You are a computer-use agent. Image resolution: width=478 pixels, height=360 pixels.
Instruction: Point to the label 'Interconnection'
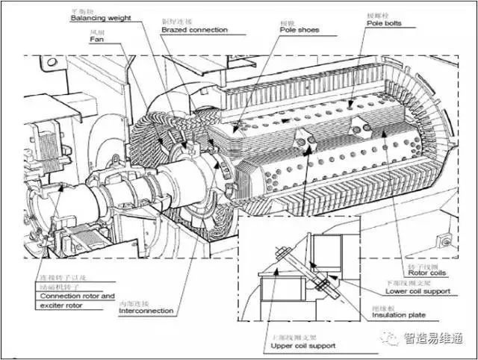click(x=146, y=311)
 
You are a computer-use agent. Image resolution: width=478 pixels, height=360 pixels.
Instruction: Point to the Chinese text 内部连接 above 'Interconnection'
click(x=131, y=302)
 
